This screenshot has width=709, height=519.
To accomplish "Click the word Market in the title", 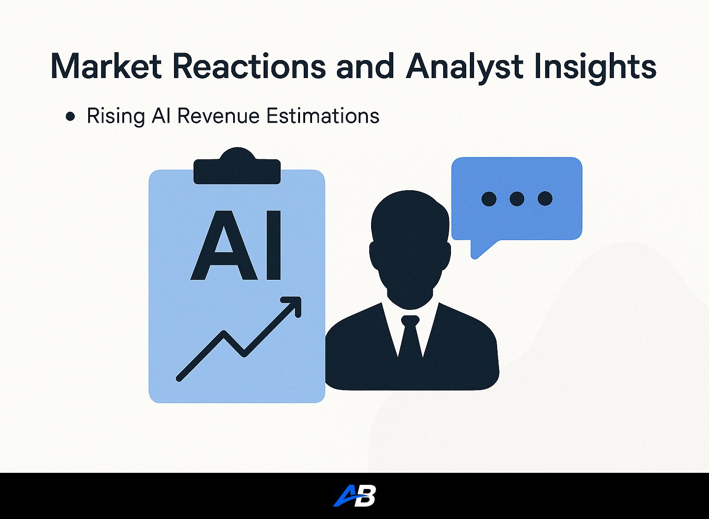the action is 106,67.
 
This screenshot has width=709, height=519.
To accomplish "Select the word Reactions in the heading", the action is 249,67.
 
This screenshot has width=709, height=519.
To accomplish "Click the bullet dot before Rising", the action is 70,116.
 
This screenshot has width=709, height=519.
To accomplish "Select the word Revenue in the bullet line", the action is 218,116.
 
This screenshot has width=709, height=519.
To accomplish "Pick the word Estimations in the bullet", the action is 323,116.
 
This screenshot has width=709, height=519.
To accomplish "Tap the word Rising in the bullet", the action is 115,118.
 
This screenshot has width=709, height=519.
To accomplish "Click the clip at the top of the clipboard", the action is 237,166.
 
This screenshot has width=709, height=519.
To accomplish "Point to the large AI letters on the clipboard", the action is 236,245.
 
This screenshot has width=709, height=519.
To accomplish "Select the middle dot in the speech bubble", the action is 517,199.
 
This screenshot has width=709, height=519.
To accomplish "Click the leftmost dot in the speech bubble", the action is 489,199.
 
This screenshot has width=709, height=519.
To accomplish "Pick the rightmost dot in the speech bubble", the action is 545,199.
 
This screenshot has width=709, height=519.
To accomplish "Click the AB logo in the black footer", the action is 354,495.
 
